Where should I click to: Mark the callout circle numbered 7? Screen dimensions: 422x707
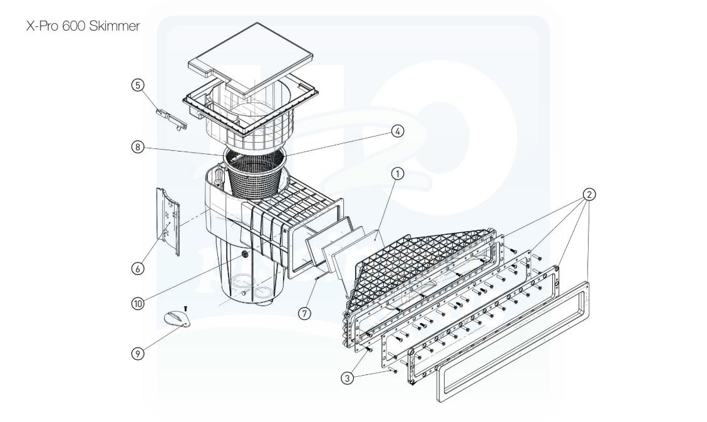coord(305,314)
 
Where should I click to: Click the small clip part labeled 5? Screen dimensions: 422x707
coord(170,118)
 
